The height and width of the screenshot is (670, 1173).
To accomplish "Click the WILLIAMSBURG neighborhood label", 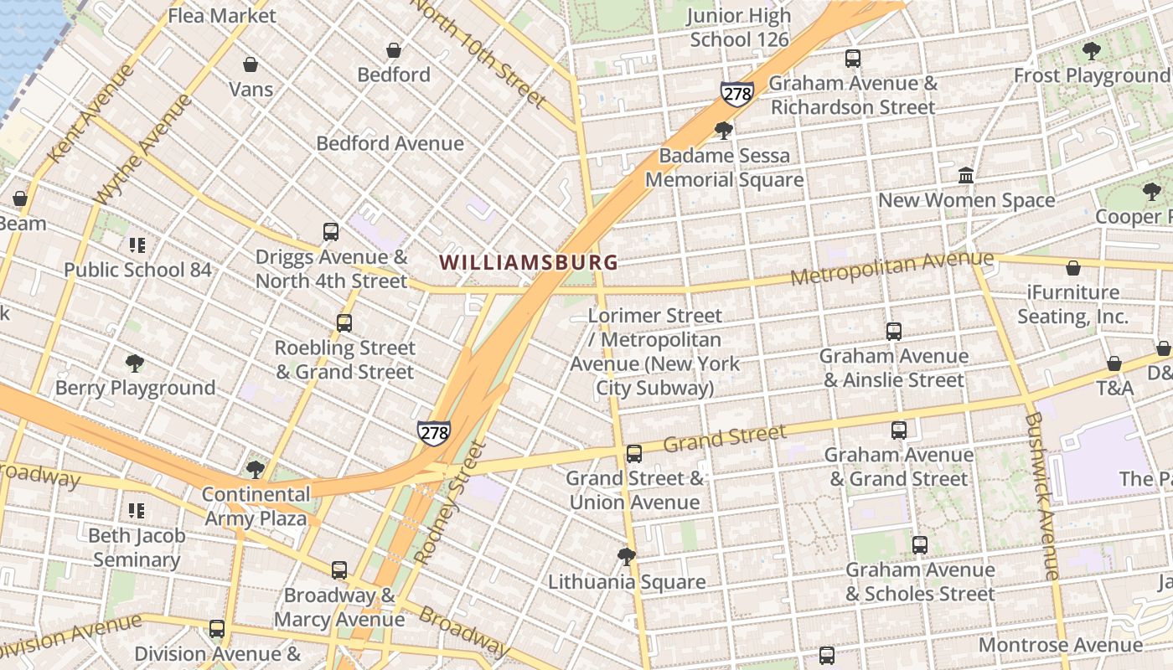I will [529, 262].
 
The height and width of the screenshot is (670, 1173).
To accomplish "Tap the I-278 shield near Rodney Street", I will [433, 433].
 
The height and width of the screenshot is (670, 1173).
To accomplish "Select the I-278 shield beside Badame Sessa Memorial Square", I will [736, 94].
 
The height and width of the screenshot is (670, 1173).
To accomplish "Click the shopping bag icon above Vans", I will [250, 64].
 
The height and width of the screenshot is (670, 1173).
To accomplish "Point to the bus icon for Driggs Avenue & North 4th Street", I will [331, 232].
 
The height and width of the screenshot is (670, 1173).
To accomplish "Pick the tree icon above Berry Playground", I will [134, 363].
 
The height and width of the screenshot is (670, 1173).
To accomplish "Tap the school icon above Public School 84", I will [137, 245].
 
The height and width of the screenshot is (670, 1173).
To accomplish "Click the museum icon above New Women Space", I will [966, 176].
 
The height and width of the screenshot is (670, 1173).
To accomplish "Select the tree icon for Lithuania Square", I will [626, 557].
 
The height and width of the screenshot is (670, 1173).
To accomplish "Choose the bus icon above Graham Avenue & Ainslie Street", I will [894, 332].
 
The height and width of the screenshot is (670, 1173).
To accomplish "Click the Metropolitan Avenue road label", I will [891, 267].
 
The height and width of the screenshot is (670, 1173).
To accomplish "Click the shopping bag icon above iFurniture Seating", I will [1072, 268].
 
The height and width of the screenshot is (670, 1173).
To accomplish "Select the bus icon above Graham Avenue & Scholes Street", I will [920, 545].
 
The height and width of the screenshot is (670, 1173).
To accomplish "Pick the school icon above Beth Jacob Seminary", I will [137, 510].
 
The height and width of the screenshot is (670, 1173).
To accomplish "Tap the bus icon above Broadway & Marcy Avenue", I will [338, 570].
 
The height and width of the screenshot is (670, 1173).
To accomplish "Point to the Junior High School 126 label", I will [739, 28].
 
